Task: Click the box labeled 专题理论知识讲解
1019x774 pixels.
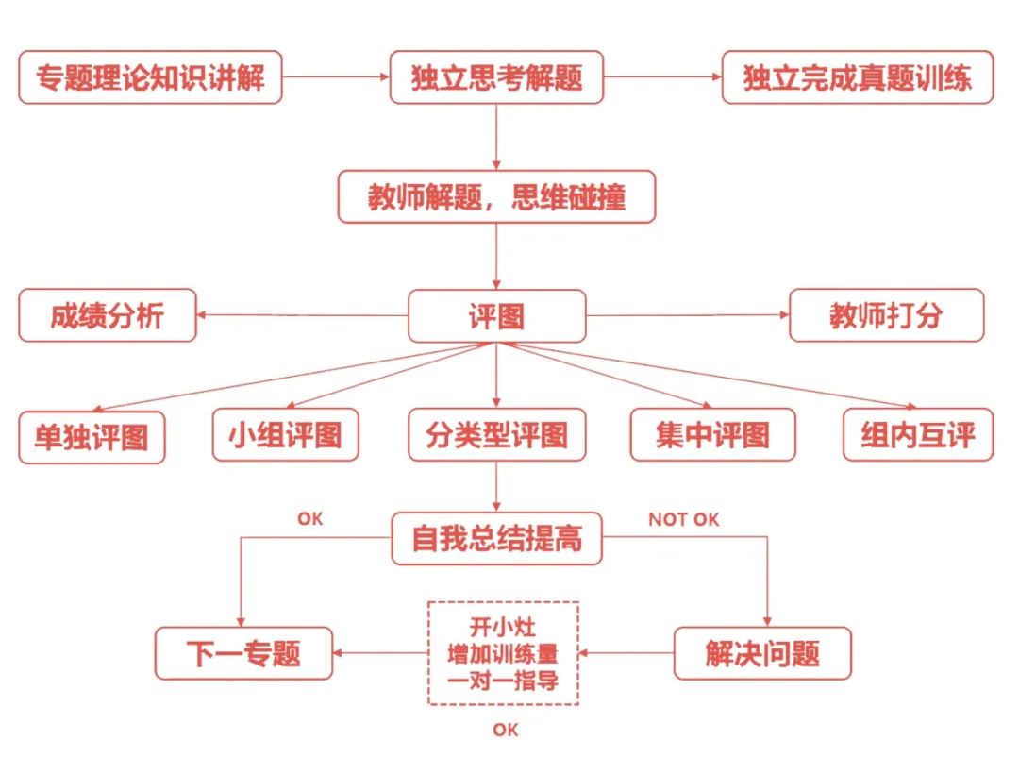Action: pyautogui.click(x=150, y=77)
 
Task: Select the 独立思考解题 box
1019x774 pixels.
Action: pyautogui.click(x=496, y=77)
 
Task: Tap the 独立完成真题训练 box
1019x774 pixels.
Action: pyautogui.click(x=858, y=77)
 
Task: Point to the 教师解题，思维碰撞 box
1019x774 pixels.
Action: pyautogui.click(x=496, y=197)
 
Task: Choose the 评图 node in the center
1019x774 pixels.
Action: pyautogui.click(x=496, y=316)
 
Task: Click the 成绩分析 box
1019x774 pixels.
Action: pyautogui.click(x=108, y=315)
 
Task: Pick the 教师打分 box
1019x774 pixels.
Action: pyautogui.click(x=886, y=315)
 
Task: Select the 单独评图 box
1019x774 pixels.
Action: pyautogui.click(x=92, y=437)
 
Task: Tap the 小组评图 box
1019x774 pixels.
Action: pyautogui.click(x=285, y=435)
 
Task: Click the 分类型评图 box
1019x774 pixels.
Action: pyautogui.click(x=496, y=435)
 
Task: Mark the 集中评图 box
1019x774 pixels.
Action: pyautogui.click(x=713, y=435)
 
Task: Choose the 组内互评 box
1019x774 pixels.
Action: pyautogui.click(x=918, y=435)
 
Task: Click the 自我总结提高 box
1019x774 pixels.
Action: pyautogui.click(x=496, y=539)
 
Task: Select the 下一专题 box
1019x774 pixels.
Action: pyautogui.click(x=243, y=654)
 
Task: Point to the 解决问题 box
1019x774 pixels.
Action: pyautogui.click(x=762, y=654)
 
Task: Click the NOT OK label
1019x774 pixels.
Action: pyautogui.click(x=684, y=519)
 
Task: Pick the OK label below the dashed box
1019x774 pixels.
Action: pyautogui.click(x=506, y=730)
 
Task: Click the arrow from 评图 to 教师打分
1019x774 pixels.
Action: pyautogui.click(x=688, y=315)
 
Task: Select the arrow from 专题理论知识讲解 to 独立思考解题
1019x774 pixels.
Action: pyautogui.click(x=336, y=76)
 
